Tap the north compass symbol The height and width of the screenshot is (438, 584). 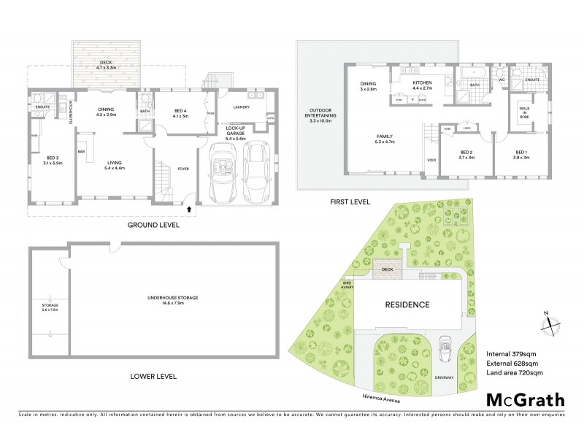pos(550,322)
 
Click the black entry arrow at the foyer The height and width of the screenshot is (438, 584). pos(191,209)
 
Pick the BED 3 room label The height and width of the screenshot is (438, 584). pos(52,160)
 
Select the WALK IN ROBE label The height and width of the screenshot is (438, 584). pos(523,112)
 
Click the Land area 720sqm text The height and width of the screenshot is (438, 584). pos(514,373)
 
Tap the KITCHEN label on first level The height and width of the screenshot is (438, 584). pos(422,85)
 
